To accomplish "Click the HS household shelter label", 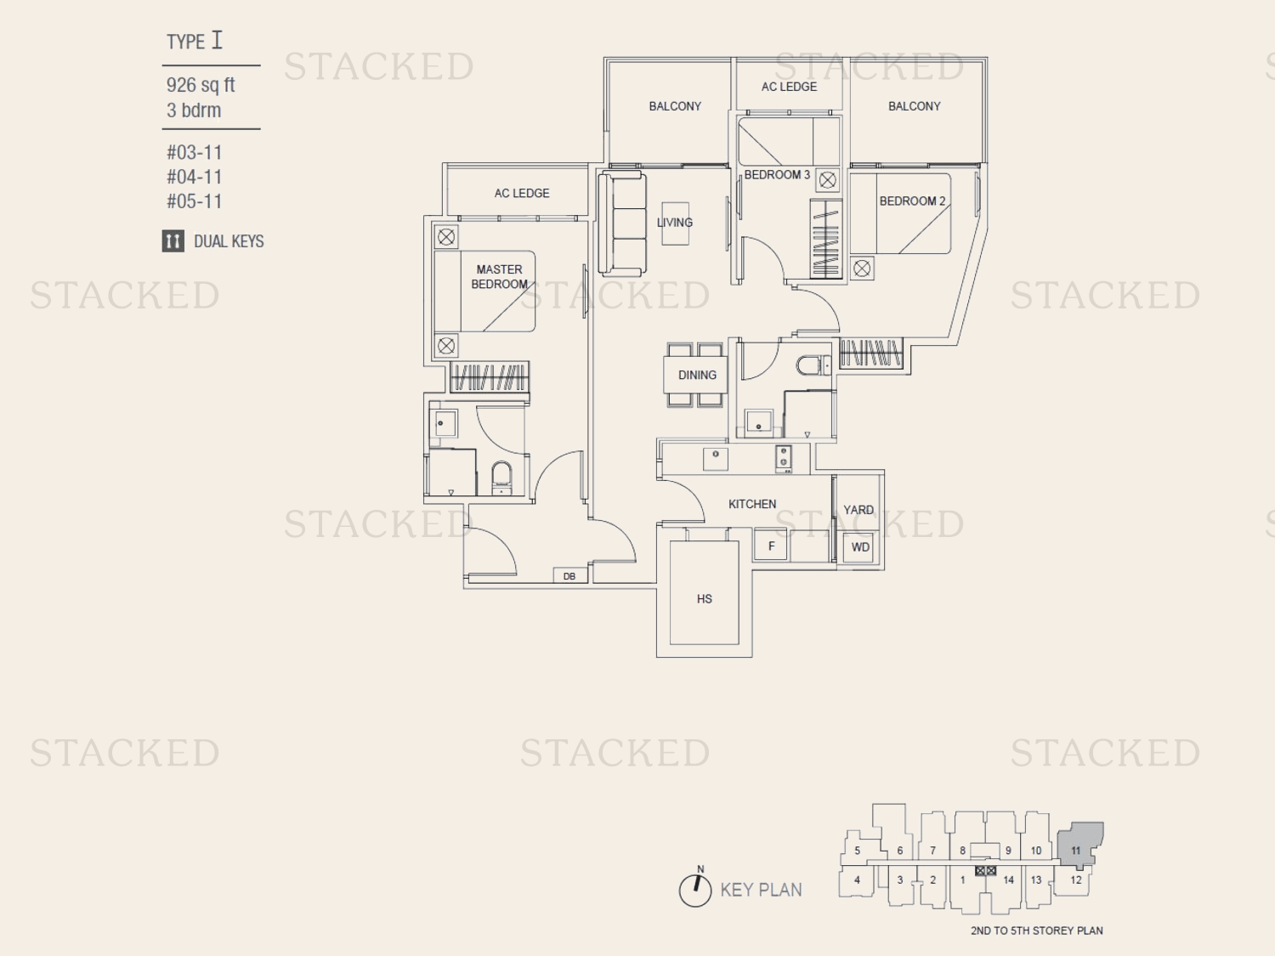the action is point(704,598).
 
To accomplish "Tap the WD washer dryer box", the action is point(860,546).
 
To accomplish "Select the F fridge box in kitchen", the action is point(771,546).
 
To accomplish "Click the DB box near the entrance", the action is point(569,576).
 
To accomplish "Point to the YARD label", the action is point(858,510).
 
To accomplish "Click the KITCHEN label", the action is point(752,504).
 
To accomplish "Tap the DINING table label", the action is point(697,375).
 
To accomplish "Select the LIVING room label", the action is point(674,223).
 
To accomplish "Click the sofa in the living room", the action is point(622,223).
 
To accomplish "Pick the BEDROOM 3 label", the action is point(777,175).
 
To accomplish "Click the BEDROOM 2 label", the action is point(912,201).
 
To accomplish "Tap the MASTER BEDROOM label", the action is point(499,277).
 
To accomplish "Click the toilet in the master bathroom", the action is point(501,477).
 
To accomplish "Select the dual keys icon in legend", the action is point(173,240).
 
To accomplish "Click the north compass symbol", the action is point(695,888).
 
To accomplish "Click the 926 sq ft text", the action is point(201,85).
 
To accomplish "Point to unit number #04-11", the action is point(194,177).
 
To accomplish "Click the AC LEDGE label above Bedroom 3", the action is point(789,87).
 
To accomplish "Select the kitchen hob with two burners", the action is point(783,458).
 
